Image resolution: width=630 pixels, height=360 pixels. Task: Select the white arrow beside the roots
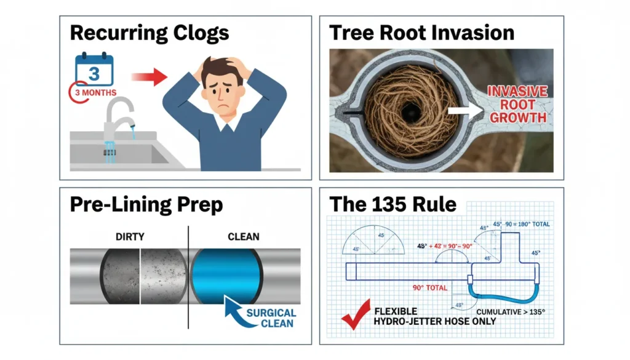[466, 111]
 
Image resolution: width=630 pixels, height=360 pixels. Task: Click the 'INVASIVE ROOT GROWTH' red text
[517, 104]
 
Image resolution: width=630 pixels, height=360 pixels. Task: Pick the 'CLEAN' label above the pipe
[244, 236]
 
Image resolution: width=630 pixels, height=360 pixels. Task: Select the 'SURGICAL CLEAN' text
[271, 318]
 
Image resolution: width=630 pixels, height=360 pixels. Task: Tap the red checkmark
[355, 314]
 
